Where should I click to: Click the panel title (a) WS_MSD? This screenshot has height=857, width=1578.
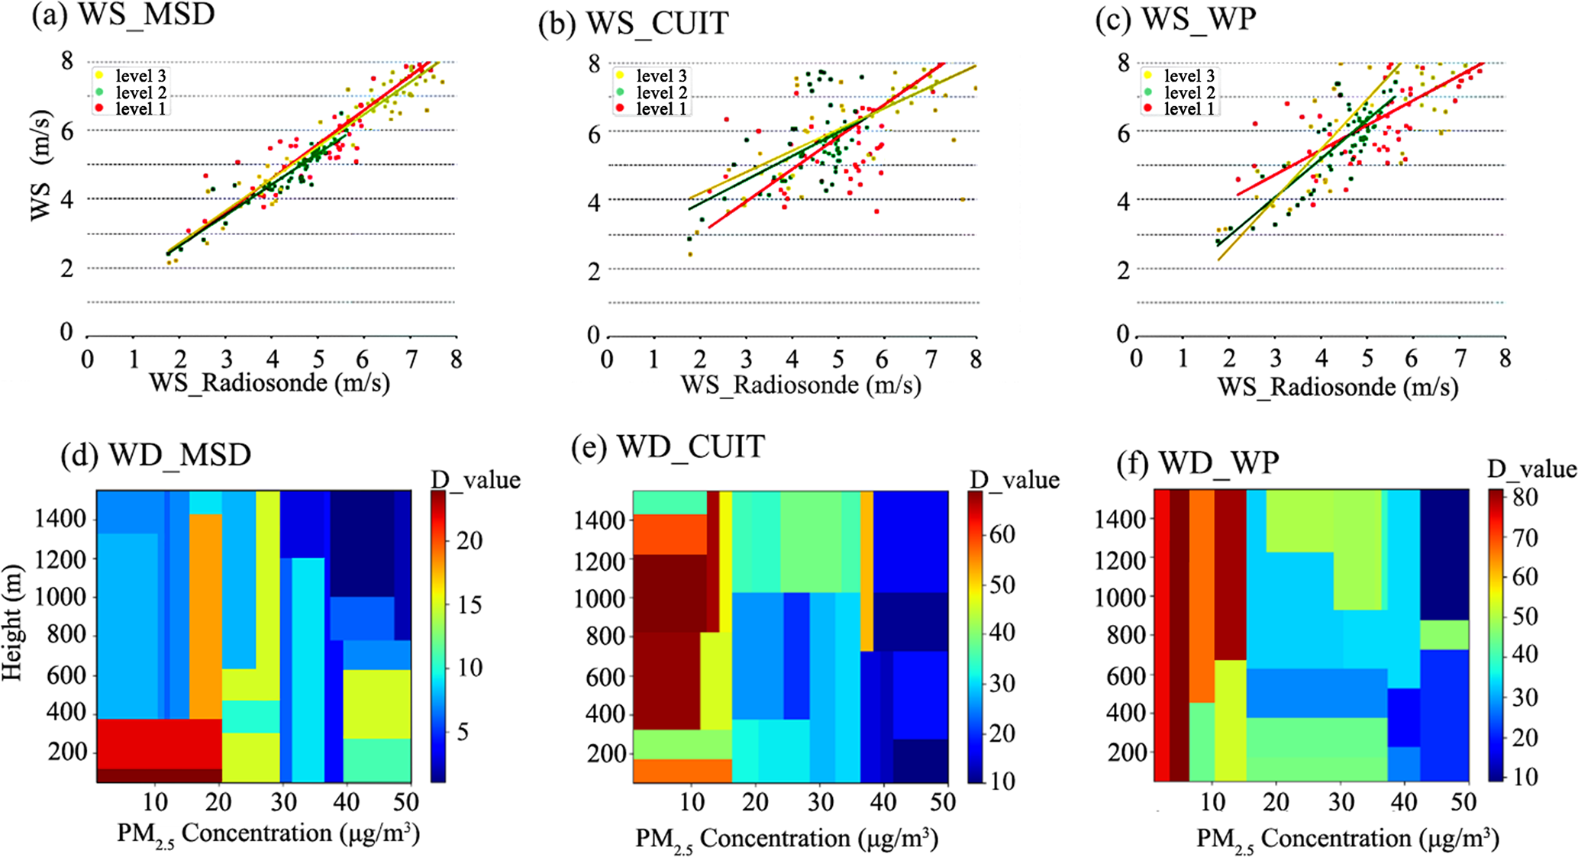(122, 15)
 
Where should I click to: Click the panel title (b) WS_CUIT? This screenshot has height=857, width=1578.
(633, 24)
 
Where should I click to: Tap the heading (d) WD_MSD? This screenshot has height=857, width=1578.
(156, 455)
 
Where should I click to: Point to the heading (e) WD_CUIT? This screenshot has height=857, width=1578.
(667, 446)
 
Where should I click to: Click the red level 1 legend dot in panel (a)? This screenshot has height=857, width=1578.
(98, 109)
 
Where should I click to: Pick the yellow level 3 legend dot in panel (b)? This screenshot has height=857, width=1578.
(619, 76)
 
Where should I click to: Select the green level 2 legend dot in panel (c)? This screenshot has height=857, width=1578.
(1147, 92)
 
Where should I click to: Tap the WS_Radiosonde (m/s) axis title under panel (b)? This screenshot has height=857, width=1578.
(801, 385)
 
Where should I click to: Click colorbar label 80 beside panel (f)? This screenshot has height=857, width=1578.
(1525, 498)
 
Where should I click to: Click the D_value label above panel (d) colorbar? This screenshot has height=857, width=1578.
(475, 480)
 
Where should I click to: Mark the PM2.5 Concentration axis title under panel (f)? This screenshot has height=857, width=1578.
(1347, 838)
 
